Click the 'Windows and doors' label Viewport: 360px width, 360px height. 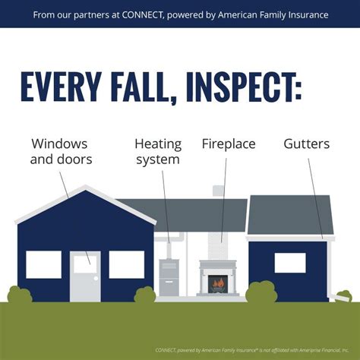[62, 151]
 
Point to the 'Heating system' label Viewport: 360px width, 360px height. [157, 151]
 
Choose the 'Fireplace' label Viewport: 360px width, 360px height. [229, 143]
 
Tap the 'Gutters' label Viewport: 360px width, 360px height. [307, 143]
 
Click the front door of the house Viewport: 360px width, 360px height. [84, 275]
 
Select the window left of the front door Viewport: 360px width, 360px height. [43, 264]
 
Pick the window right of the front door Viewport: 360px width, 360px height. [126, 264]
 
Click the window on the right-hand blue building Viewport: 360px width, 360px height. [289, 263]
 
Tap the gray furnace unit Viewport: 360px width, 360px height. [169, 278]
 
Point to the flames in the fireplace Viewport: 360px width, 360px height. [219, 284]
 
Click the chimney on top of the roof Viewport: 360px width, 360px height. [218, 191]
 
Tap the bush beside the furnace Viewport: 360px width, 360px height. [144, 295]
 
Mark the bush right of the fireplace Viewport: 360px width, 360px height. [261, 293]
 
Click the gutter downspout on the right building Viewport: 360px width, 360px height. [329, 270]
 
